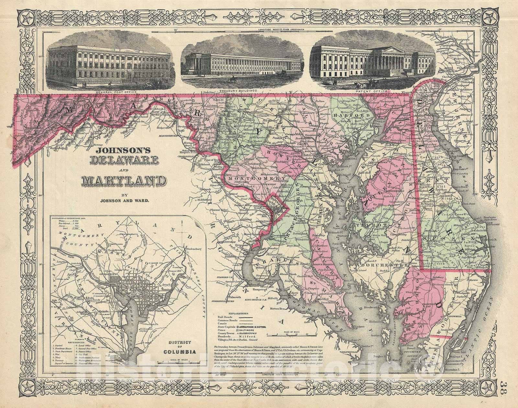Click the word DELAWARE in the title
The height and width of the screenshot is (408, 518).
click(x=120, y=159)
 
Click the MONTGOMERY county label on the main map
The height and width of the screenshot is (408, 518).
click(x=248, y=179)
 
